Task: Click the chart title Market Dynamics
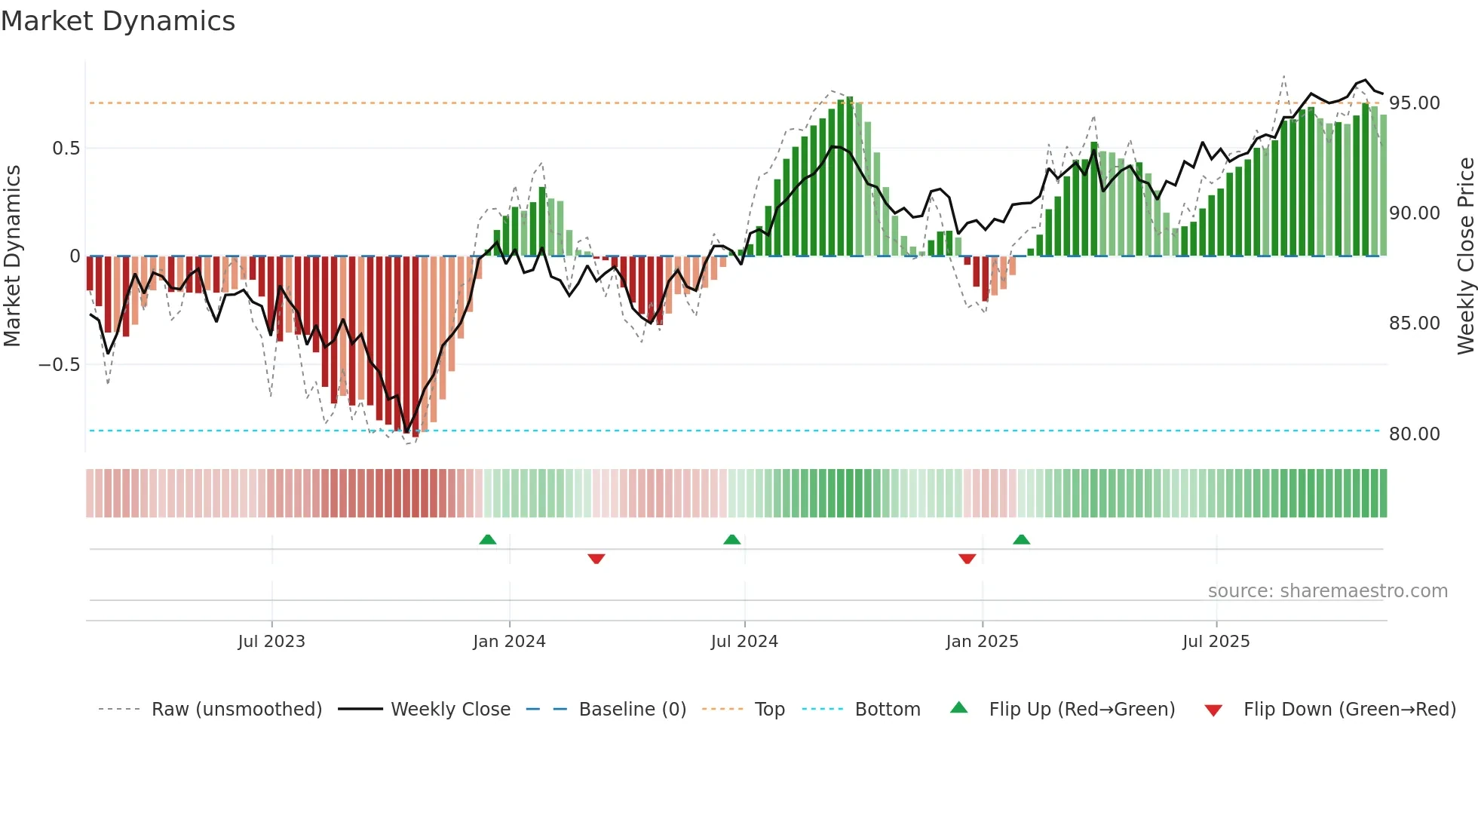coord(118,21)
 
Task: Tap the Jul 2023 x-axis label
coord(271,642)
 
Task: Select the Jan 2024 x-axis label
coord(509,642)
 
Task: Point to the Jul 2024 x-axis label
coord(744,642)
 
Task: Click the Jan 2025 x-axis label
coord(982,642)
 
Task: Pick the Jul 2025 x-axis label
coord(1216,642)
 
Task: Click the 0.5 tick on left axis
coord(66,149)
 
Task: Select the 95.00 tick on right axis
coord(1414,103)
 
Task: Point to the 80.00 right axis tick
coord(1414,434)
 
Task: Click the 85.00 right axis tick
coord(1414,324)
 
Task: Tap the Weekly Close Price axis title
coord(1465,256)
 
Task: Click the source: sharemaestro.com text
coord(1327,591)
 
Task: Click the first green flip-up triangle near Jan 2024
coord(488,539)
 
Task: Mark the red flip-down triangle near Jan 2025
coord(967,559)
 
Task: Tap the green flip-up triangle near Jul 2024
coord(731,539)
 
